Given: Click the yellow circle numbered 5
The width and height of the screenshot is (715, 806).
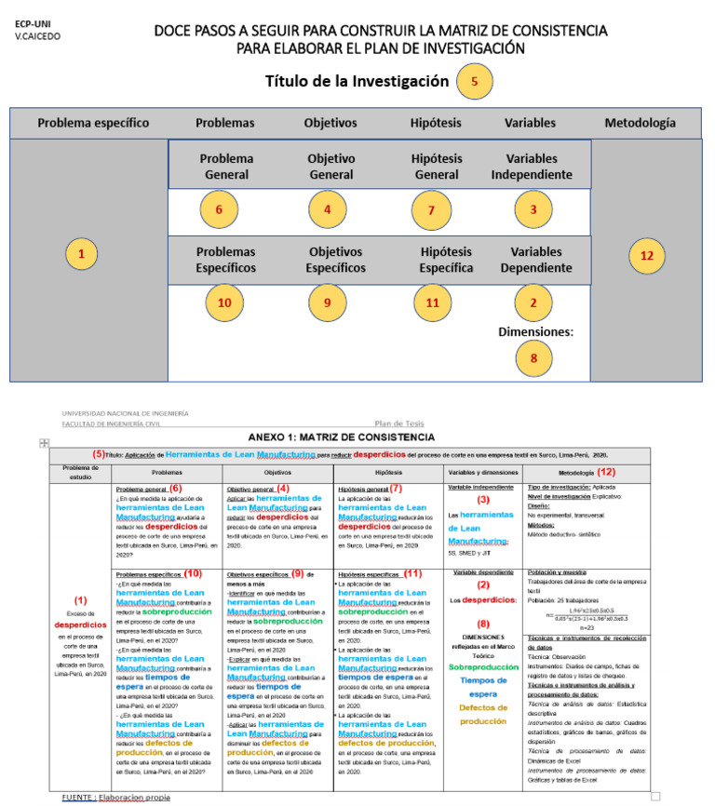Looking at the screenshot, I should [475, 81].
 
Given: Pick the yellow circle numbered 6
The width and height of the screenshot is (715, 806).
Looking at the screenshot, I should [219, 209].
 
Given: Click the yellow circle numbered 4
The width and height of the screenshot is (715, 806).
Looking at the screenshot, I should [327, 209].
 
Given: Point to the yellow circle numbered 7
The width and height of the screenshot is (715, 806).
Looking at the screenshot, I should [431, 210].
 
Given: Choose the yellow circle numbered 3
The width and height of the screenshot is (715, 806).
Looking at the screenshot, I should [533, 209].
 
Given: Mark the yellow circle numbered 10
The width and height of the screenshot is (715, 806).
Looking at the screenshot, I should [223, 303].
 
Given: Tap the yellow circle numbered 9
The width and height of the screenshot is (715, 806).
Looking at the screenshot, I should [327, 303].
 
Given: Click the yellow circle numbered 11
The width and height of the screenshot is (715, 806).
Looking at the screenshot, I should [431, 303].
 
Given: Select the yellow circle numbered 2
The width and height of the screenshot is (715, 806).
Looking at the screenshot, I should [533, 303].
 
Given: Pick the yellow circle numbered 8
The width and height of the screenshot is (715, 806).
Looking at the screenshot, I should [533, 357].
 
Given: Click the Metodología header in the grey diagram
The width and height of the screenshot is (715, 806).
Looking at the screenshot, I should [640, 123].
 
